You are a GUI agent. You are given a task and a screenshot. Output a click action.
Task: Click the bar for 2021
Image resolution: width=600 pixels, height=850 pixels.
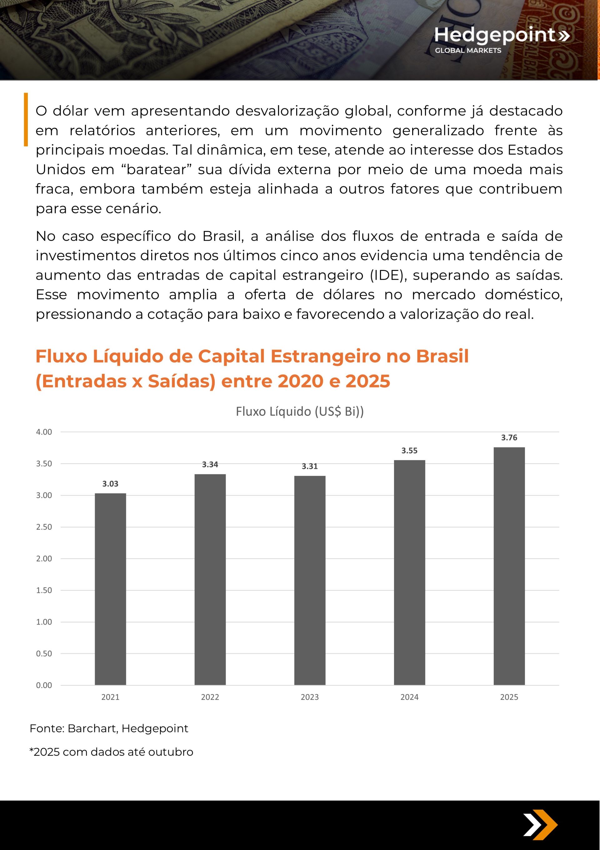tap(110, 589)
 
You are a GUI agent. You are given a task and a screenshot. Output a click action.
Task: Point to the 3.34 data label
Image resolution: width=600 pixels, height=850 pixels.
tap(210, 465)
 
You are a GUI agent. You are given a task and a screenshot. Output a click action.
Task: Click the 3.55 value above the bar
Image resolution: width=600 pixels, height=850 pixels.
tap(409, 450)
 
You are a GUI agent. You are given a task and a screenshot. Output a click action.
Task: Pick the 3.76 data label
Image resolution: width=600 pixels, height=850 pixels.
tap(509, 438)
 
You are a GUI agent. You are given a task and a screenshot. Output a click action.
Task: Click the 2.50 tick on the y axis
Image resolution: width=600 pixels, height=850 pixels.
tap(44, 527)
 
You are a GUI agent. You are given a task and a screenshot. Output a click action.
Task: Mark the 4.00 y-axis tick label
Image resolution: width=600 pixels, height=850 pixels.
tap(44, 432)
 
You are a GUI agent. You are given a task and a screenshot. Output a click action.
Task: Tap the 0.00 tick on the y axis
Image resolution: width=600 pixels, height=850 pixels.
tap(44, 685)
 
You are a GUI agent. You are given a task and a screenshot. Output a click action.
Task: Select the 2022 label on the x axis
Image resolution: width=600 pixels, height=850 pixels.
tap(210, 697)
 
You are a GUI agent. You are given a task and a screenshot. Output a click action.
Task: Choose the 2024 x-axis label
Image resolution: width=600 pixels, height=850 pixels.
tap(409, 697)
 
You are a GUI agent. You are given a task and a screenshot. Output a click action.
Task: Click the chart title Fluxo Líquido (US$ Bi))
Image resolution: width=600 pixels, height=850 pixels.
tap(300, 411)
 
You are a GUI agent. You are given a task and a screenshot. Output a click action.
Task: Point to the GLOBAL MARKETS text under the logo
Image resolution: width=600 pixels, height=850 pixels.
tap(467, 50)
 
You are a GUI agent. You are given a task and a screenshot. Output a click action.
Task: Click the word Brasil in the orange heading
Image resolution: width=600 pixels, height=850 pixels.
tap(442, 356)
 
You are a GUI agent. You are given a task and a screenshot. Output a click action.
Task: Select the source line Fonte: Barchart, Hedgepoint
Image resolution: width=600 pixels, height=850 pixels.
tap(109, 729)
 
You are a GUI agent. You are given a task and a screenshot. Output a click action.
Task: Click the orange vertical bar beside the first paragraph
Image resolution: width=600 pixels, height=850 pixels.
tap(26, 119)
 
